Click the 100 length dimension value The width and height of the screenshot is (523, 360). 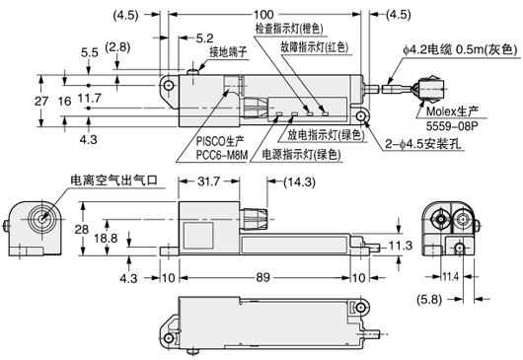pyautogui.click(x=263, y=15)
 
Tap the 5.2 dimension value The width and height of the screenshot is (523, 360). pyautogui.click(x=204, y=38)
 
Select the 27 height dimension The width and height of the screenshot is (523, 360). pyautogui.click(x=41, y=101)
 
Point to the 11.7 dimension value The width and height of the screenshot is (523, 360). pyautogui.click(x=90, y=98)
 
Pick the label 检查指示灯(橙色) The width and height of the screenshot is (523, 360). pyautogui.click(x=289, y=29)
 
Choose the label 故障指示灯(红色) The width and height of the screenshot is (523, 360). pyautogui.click(x=315, y=47)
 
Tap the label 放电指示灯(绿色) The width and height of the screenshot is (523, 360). pyautogui.click(x=326, y=135)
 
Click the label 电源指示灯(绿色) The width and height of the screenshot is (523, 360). pyautogui.click(x=302, y=154)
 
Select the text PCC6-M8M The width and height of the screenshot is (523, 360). pyautogui.click(x=222, y=155)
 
